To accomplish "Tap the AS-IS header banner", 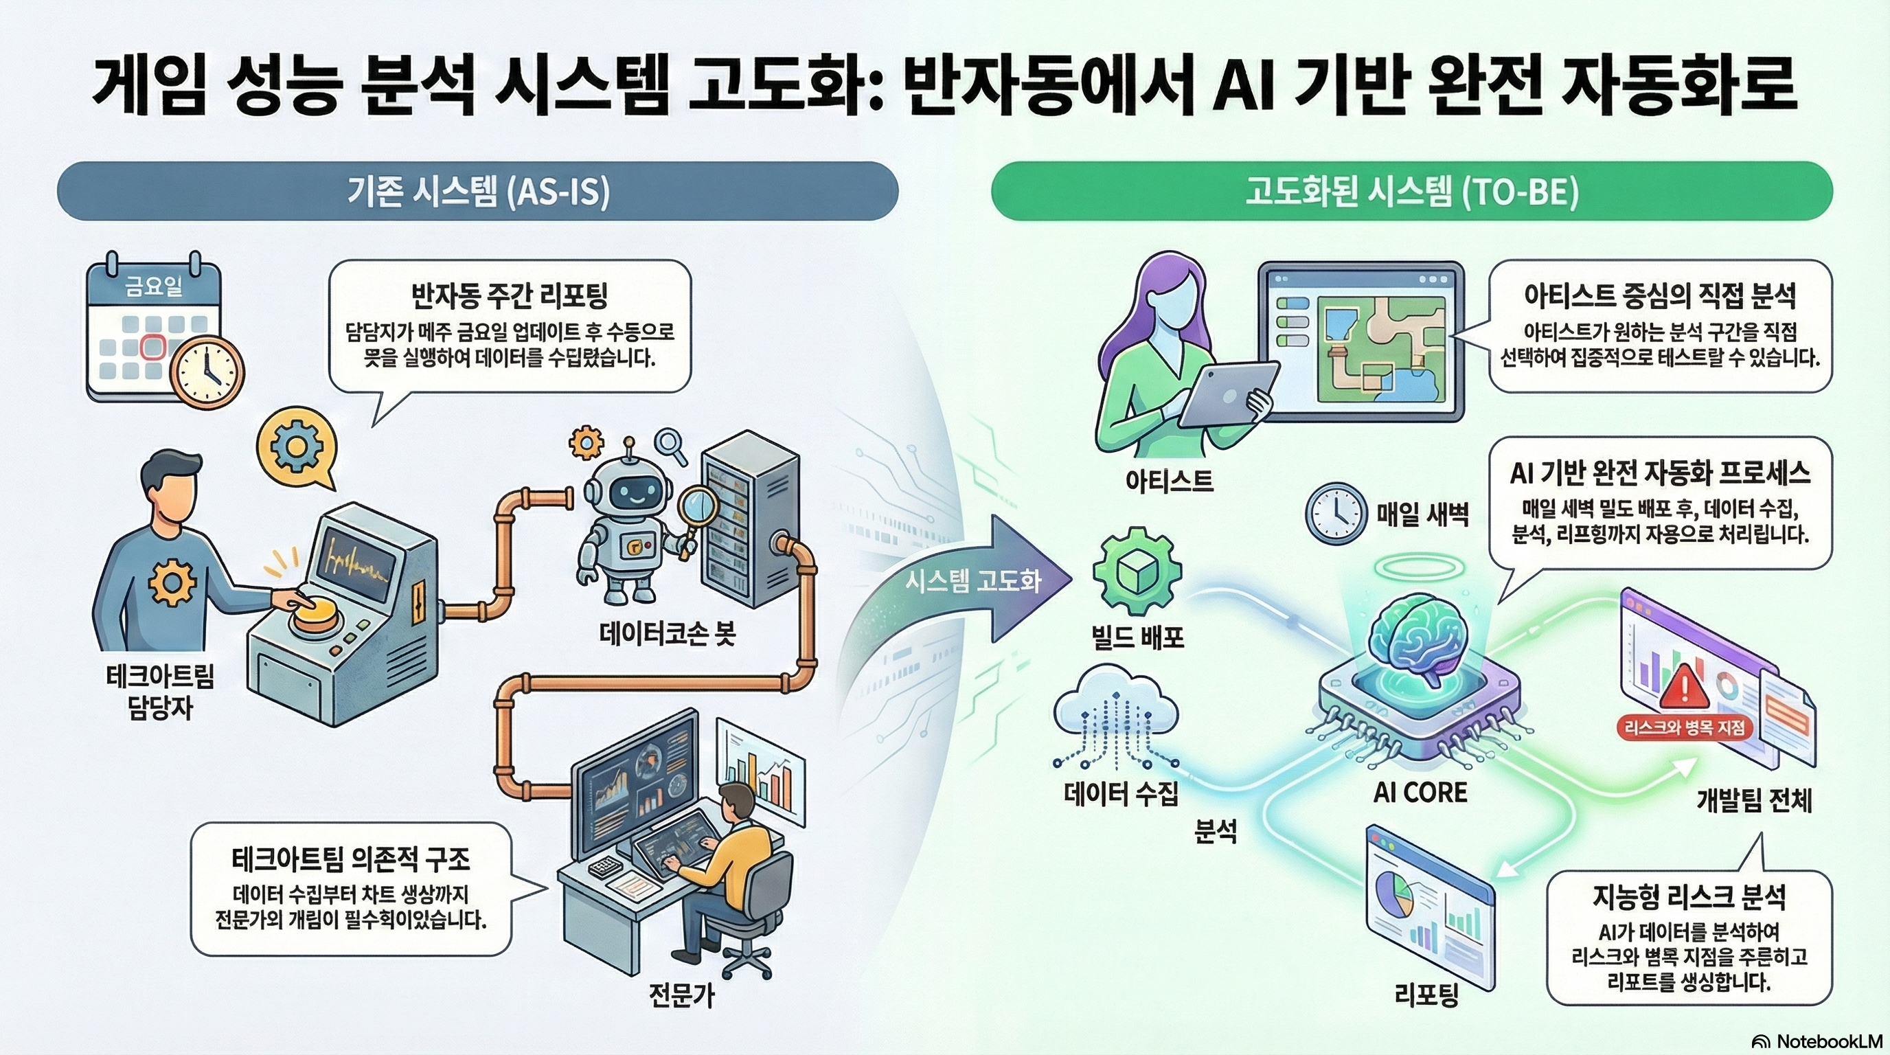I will pyautogui.click(x=477, y=192).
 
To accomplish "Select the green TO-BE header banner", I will pyautogui.click(x=1411, y=192).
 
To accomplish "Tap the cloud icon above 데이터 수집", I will pyautogui.click(x=1115, y=715).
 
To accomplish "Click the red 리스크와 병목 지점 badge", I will pyautogui.click(x=1684, y=728).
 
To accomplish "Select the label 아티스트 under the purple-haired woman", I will pyautogui.click(x=1170, y=481).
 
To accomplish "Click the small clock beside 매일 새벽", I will pyautogui.click(x=1336, y=513).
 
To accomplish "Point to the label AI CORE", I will pyautogui.click(x=1420, y=793).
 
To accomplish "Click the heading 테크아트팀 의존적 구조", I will pyautogui.click(x=351, y=859).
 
